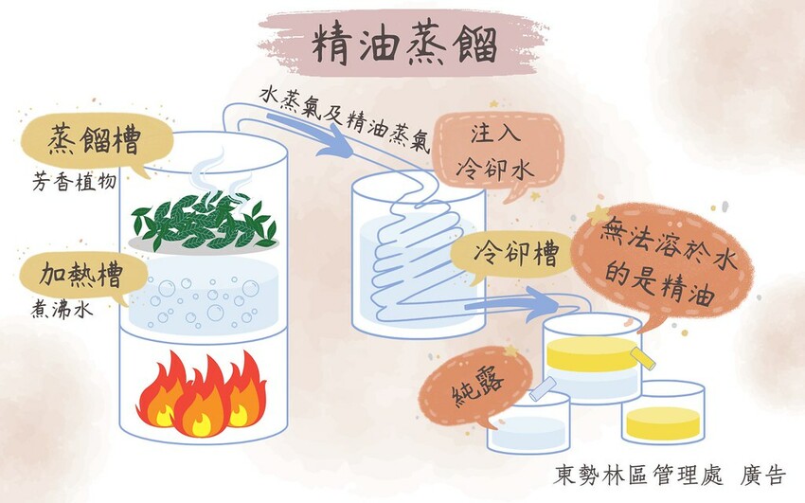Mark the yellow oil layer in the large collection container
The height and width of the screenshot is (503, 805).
592,353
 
